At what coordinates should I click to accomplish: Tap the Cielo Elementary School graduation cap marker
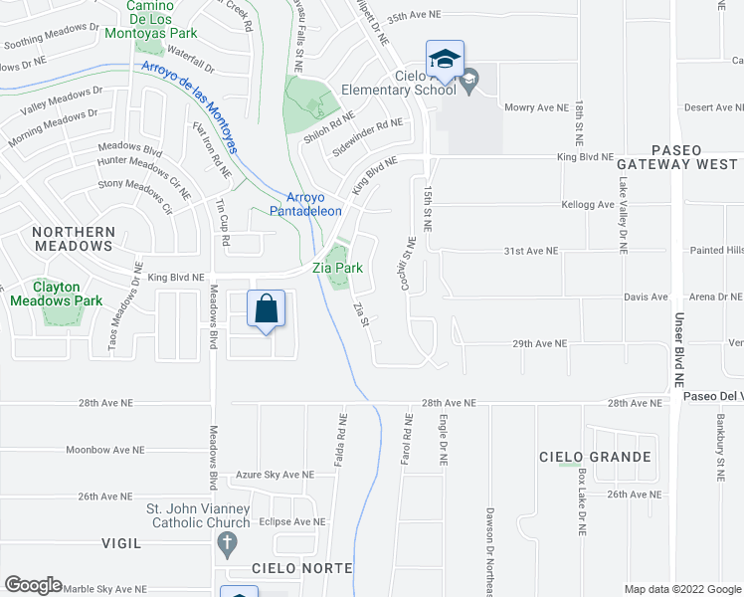coord(446,57)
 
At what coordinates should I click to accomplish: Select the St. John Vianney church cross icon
coord(226,544)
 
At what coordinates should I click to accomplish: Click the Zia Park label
coord(336,268)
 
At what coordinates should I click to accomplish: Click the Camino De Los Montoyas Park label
coord(163,20)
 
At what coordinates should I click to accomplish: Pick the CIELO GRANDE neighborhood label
coord(595,458)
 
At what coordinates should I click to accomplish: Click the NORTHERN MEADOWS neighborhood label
coord(74,239)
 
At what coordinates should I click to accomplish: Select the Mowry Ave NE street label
coord(536,107)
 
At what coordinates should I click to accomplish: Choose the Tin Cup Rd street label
coord(222,223)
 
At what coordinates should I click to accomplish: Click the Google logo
coord(33,585)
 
